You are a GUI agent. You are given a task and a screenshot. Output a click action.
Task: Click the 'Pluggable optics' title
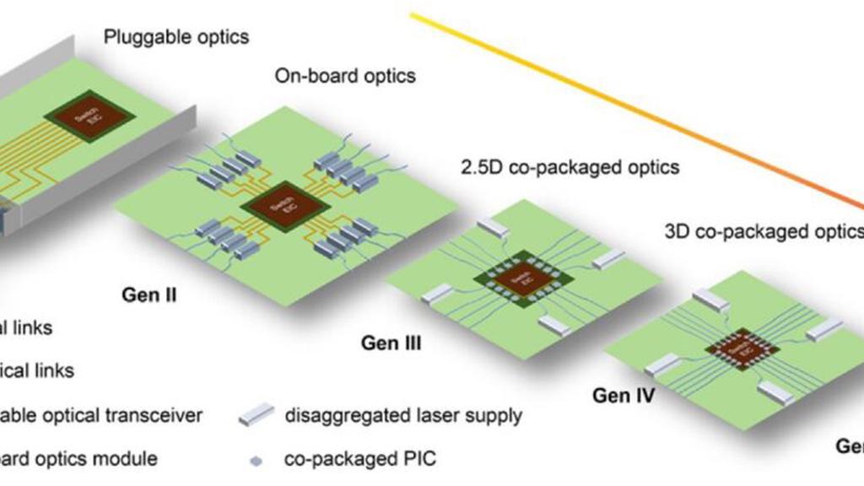pos(175,37)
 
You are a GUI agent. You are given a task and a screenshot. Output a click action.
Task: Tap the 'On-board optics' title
pos(345,76)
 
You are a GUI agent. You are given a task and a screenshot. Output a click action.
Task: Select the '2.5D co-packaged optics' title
pos(570,168)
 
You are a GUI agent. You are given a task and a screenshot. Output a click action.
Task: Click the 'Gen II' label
pos(149,296)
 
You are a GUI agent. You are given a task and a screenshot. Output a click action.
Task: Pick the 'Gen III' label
pos(391,343)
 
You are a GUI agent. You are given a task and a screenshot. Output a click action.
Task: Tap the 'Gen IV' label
pos(623,394)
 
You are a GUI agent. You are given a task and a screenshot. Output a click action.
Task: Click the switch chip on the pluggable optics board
pos(89,116)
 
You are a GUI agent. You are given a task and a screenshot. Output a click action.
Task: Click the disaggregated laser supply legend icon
pos(257,414)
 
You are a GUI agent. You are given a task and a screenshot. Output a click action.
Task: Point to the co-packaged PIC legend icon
pos(257,461)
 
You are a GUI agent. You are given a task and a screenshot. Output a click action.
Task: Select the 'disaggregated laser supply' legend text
pos(403,415)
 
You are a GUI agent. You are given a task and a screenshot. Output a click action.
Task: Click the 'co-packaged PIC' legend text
pos(360,460)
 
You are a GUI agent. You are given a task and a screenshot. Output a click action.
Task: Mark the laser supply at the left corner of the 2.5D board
pos(437,294)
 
